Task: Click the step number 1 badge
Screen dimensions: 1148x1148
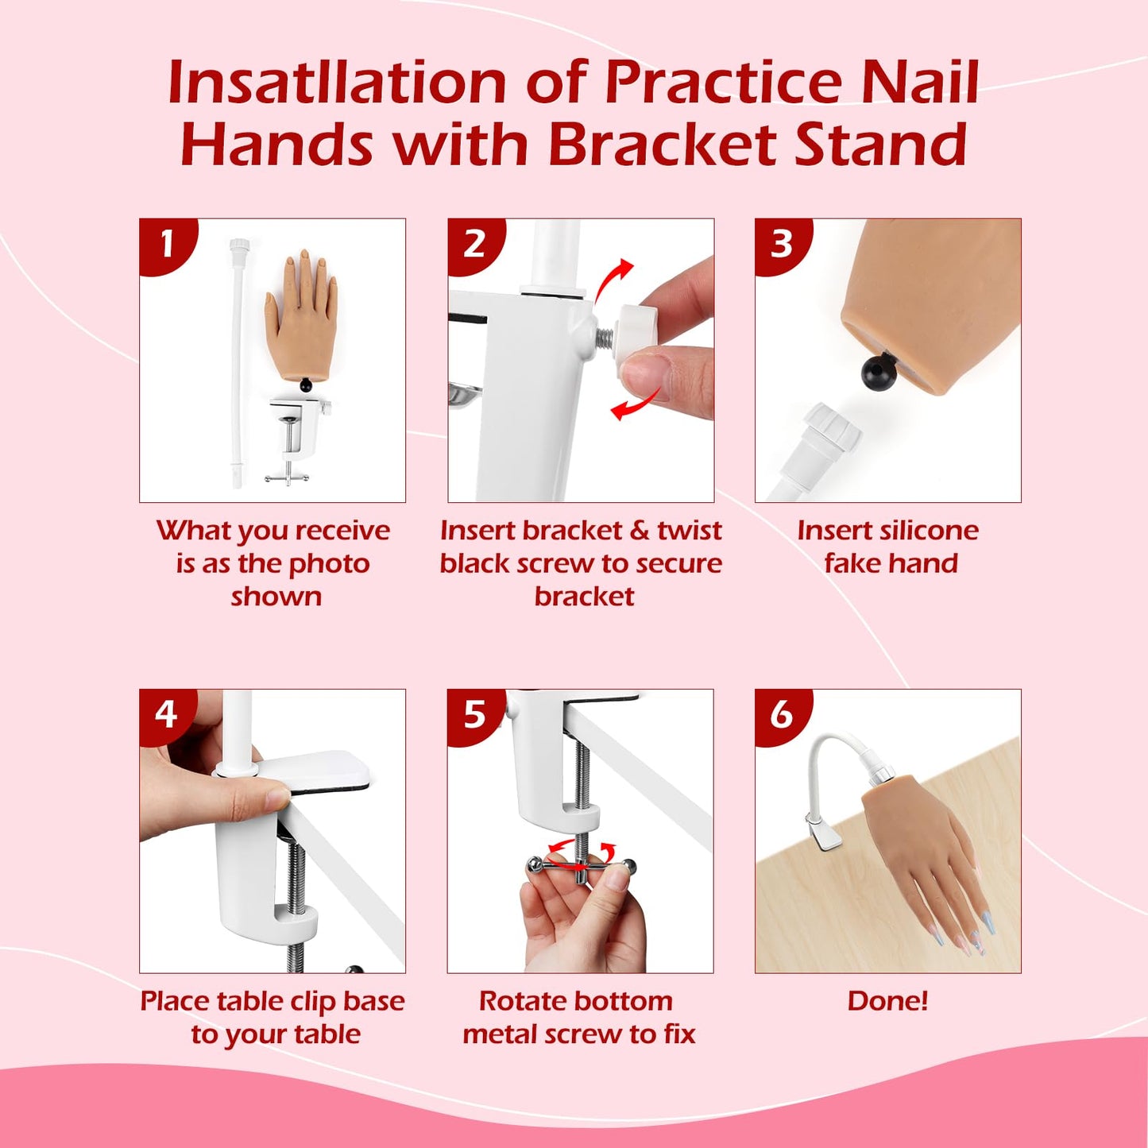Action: coord(166,244)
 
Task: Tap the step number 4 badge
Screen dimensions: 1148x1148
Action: coord(165,714)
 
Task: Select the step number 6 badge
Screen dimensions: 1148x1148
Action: coord(781,714)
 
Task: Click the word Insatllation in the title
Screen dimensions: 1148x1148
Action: coord(337,83)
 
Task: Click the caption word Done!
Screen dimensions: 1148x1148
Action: coord(887,1000)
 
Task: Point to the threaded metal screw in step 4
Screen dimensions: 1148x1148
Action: coord(296,874)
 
